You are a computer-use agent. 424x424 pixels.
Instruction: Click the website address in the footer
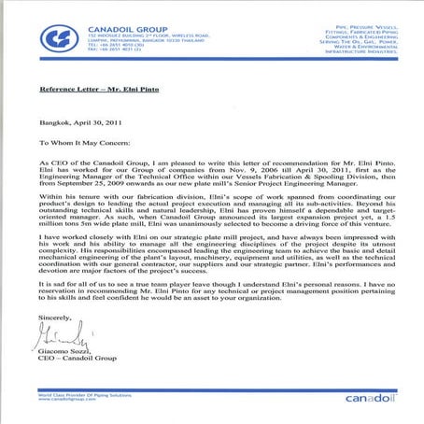(68, 404)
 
